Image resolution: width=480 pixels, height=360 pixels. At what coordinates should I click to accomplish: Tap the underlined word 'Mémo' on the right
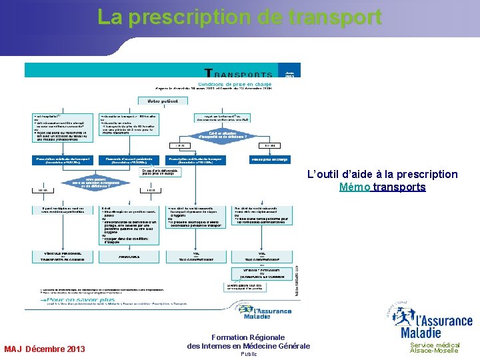tap(354, 187)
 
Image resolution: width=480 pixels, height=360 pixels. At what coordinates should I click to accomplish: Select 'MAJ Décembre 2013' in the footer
tap(45, 349)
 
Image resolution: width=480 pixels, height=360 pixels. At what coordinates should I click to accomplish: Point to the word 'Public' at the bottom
tap(247, 354)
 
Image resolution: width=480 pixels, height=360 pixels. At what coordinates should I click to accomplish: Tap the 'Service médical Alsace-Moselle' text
tap(435, 347)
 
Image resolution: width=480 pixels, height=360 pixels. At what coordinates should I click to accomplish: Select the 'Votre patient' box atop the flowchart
tap(163, 101)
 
